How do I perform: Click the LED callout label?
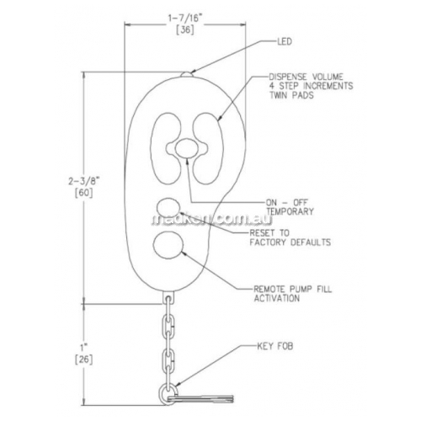click(285, 42)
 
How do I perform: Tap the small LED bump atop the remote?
click(187, 74)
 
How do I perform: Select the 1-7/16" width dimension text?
click(185, 19)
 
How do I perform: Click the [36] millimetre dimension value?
click(185, 29)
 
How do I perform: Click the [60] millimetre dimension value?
click(83, 193)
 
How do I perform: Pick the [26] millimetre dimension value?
click(83, 360)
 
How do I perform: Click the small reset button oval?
click(168, 208)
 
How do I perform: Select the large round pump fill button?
click(168, 245)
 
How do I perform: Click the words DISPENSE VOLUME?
click(306, 77)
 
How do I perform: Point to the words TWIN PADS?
click(291, 95)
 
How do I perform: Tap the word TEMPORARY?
click(290, 211)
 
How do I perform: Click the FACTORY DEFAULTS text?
click(290, 242)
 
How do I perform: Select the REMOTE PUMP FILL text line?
click(293, 289)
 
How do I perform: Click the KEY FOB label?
click(275, 346)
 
